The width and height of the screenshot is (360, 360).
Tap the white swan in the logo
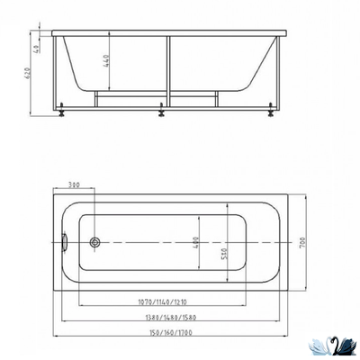coord(320,345)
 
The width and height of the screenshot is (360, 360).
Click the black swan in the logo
coord(341,345)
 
